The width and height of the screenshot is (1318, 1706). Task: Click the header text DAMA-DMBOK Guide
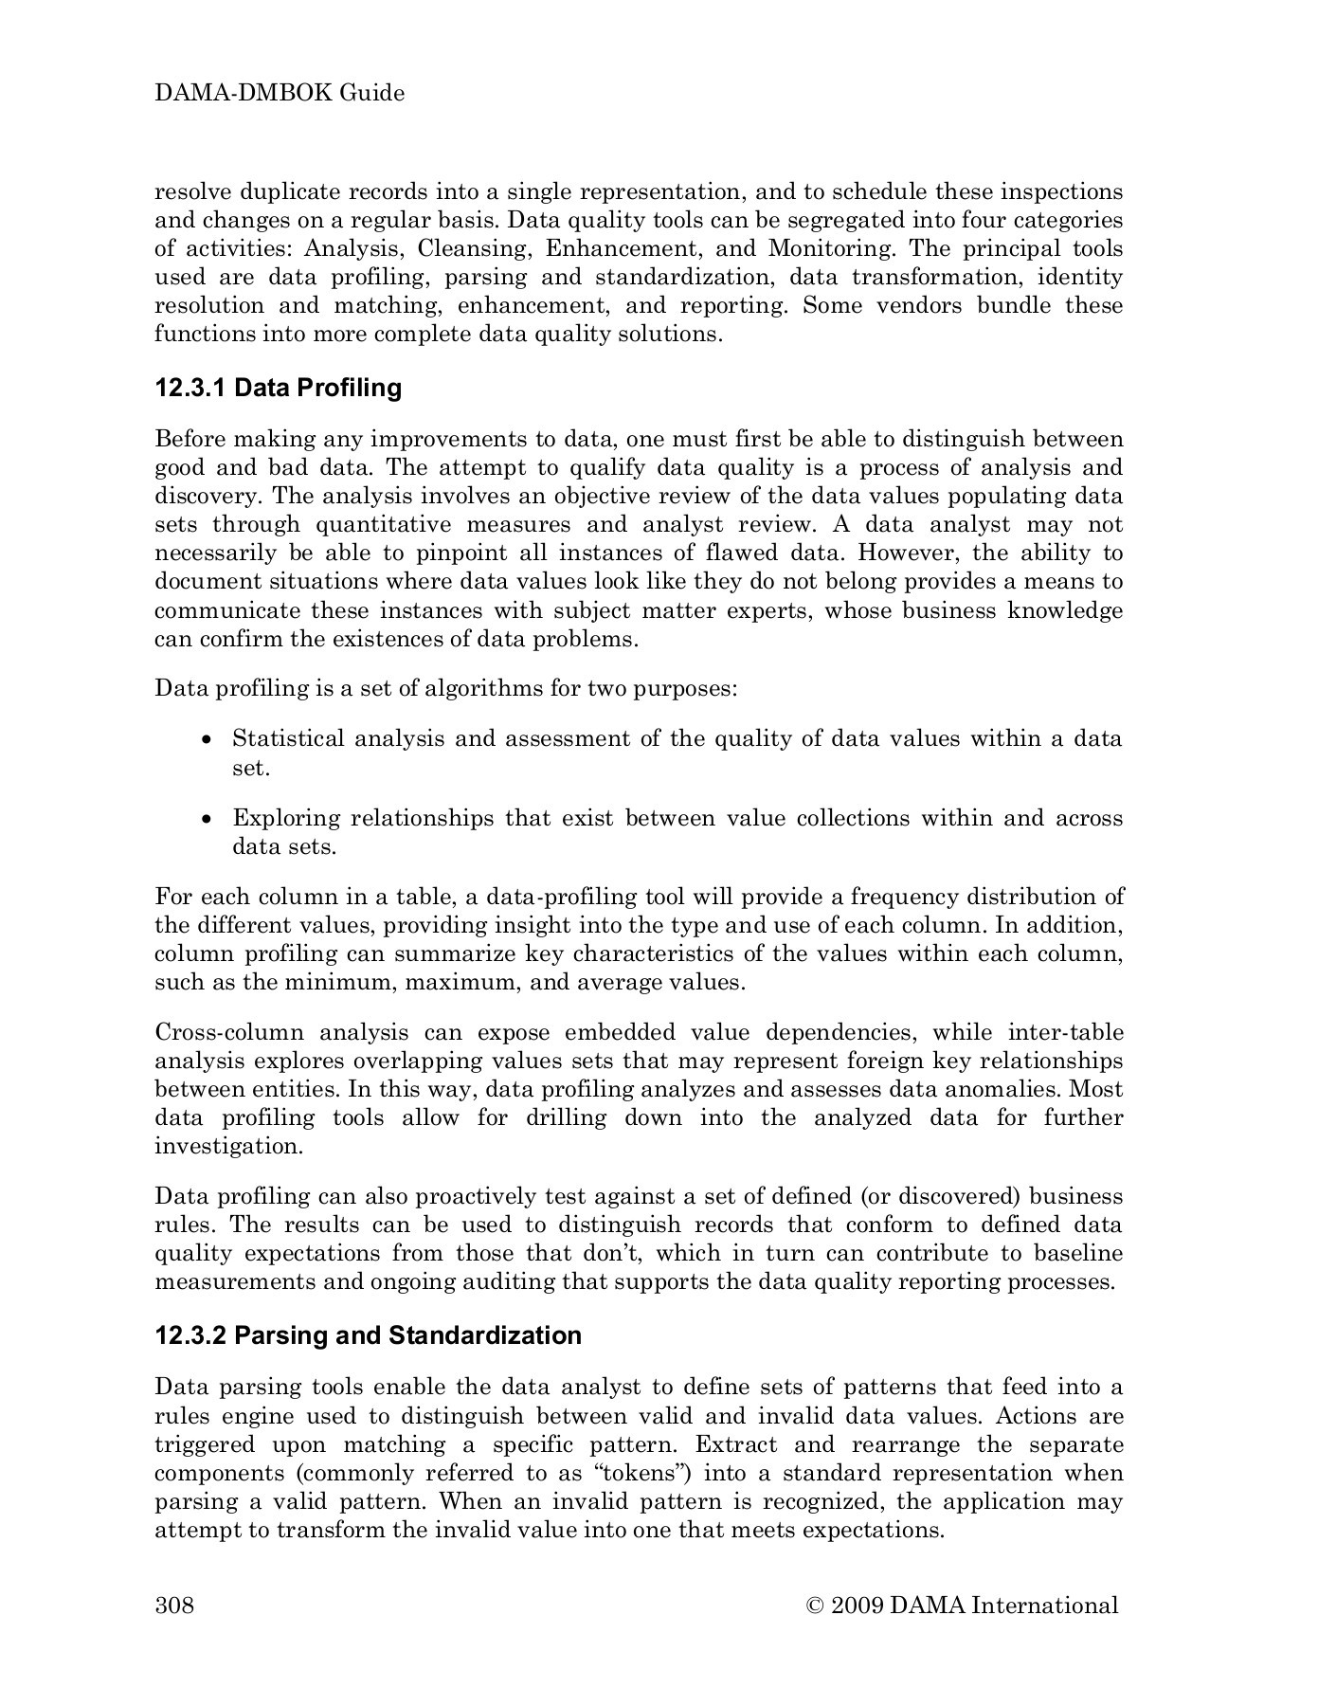[280, 93]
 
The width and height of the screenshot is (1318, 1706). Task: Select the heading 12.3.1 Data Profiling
[278, 388]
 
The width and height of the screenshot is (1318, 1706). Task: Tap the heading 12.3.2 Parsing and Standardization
[368, 1335]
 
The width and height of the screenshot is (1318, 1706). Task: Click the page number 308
[174, 1605]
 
